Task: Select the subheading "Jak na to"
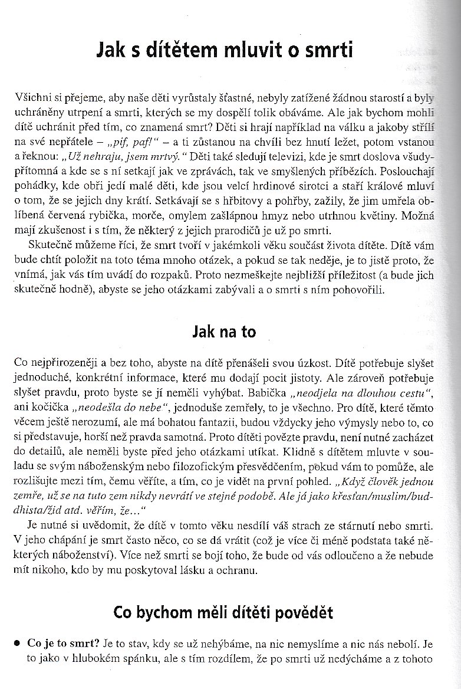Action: (224, 332)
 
